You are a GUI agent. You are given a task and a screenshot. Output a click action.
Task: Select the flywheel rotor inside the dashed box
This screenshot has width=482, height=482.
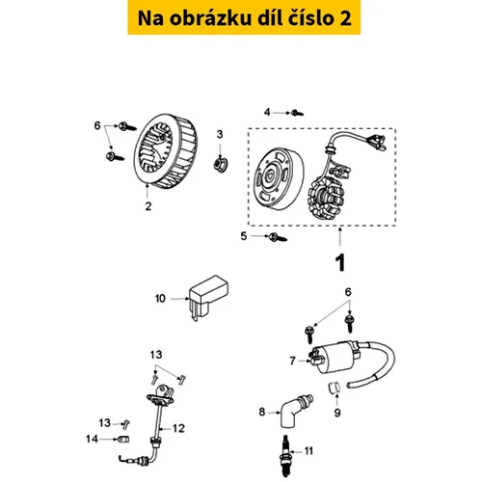point(279,178)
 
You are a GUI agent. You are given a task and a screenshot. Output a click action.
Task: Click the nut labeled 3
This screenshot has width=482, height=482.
point(221,164)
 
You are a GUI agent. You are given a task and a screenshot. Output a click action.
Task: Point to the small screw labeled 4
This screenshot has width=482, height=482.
point(297,113)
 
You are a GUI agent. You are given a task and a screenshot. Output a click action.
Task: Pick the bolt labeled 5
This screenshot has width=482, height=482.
point(278,237)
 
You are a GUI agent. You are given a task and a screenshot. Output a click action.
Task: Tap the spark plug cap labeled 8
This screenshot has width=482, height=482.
point(295,411)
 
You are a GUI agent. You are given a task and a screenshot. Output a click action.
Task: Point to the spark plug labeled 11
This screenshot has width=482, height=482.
point(285,456)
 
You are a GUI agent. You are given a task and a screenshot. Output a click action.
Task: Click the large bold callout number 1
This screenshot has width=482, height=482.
point(340,263)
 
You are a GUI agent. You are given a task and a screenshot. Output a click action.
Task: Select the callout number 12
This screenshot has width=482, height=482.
point(178,428)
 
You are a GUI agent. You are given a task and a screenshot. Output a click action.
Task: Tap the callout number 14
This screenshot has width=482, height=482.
point(92,439)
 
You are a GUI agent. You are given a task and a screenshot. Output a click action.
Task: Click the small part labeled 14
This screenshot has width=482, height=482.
point(124,439)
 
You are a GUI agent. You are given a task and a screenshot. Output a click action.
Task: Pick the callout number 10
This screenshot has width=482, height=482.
point(160,299)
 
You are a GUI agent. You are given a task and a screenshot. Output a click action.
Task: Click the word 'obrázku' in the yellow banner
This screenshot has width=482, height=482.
point(210,18)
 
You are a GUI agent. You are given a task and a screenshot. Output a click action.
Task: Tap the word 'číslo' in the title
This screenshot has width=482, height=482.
point(310,18)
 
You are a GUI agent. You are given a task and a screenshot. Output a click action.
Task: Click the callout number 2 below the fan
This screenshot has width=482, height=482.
point(148,206)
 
